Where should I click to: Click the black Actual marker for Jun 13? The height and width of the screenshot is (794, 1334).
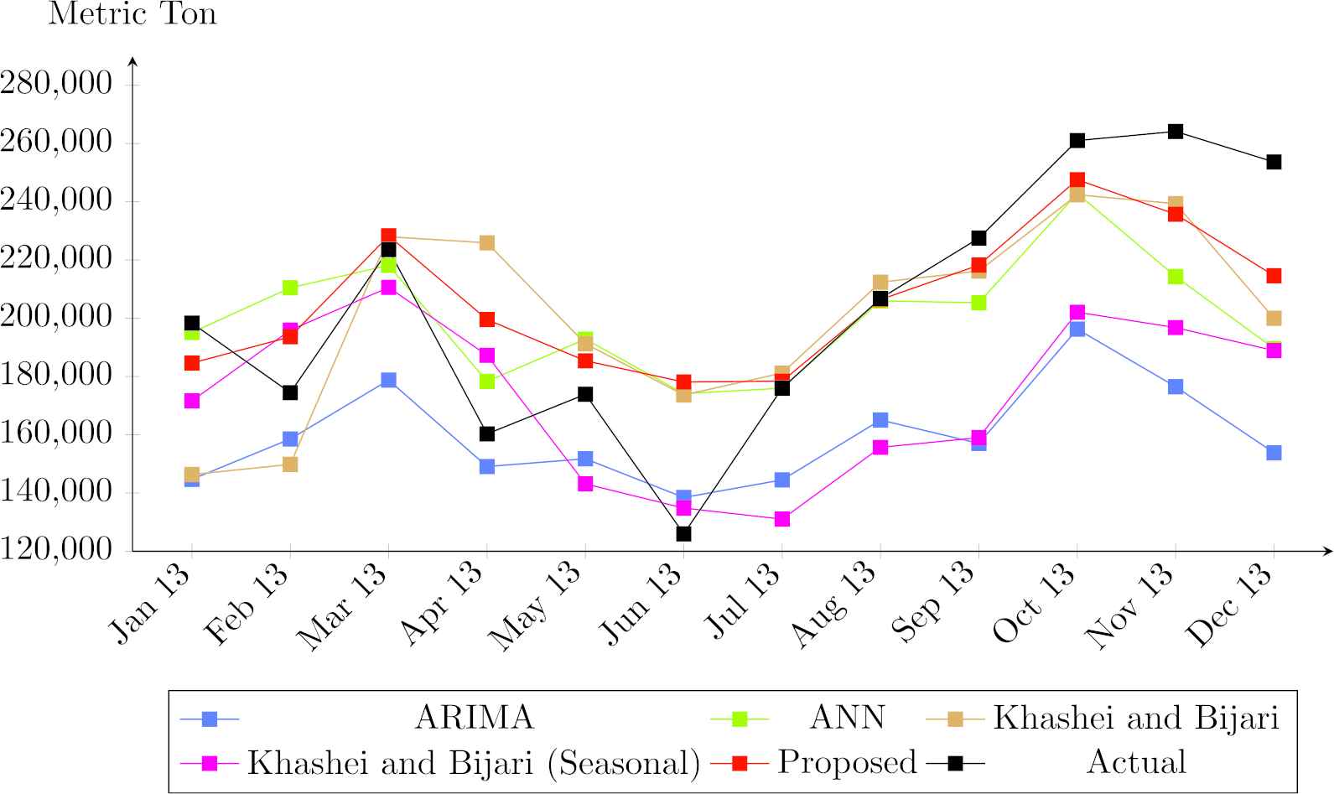point(683,533)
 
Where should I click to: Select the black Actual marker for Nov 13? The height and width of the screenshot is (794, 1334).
point(1176,132)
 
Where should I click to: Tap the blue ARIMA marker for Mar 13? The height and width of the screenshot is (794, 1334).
point(388,380)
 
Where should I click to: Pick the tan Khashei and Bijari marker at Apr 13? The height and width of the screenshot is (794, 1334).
point(487,243)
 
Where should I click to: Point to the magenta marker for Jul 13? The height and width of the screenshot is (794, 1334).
point(782,519)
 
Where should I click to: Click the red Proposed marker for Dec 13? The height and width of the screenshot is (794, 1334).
point(1274,276)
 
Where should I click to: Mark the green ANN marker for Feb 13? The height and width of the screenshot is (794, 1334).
point(290,288)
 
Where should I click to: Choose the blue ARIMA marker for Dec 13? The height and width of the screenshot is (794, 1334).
point(1274,453)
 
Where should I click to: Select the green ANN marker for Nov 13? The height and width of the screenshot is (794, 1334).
point(1176,277)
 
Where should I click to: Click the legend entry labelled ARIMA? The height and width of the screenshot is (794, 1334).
point(474,718)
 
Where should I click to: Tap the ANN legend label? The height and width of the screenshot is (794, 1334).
point(847,718)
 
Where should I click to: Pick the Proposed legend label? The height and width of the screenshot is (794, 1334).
point(847,762)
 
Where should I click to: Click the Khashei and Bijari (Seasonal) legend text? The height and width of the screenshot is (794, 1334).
point(474,763)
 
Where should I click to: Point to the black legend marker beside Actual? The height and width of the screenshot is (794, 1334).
point(956,763)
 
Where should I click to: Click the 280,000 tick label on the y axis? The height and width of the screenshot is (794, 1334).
point(56,84)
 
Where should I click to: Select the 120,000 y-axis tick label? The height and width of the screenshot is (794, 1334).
point(56,550)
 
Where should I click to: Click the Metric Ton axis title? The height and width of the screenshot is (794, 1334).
point(132,14)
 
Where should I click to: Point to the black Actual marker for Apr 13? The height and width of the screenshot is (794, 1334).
point(487,433)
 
